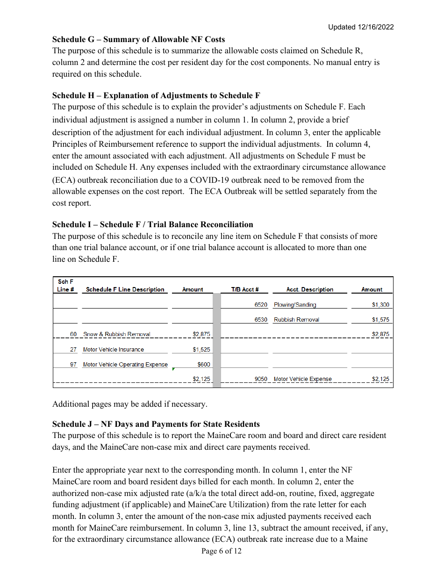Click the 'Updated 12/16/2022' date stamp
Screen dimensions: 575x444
point(361,27)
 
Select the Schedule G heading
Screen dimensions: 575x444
point(138,40)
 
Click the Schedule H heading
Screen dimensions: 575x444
point(156,96)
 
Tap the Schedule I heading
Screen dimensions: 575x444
point(152,225)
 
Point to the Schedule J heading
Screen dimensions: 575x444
point(156,424)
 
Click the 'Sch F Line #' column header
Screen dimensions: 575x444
point(65,286)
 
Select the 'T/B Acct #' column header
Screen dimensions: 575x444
point(245,290)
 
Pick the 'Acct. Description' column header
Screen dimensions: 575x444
point(309,290)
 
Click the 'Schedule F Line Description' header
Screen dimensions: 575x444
point(125,290)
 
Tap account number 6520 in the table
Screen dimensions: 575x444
point(261,305)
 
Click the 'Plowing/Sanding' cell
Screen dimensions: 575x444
point(295,305)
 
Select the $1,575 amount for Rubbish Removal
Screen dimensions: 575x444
point(380,320)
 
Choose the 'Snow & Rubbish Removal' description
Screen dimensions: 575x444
point(116,334)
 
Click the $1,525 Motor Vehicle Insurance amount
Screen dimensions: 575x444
point(201,350)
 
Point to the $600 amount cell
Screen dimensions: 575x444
point(204,365)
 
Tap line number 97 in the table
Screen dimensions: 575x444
point(73,365)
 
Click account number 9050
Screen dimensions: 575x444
point(261,379)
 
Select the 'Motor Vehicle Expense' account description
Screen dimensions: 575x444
point(302,379)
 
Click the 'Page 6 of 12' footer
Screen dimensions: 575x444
point(222,552)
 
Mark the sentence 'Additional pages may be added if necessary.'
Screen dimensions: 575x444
point(129,404)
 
